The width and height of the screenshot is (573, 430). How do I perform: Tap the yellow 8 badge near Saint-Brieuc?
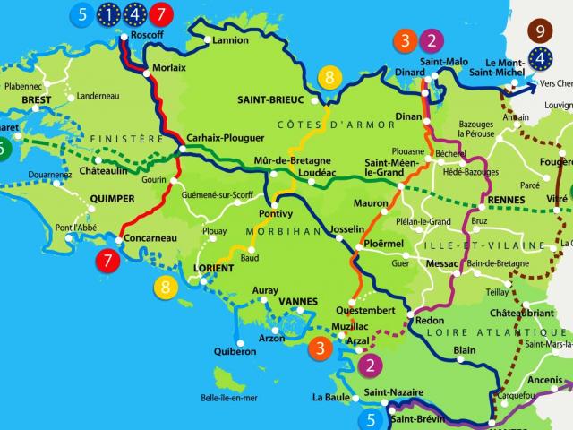tap(329, 78)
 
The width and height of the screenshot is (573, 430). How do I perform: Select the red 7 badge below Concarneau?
tap(108, 262)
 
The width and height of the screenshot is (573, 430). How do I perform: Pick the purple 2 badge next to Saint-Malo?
tap(432, 39)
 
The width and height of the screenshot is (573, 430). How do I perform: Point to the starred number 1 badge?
tap(109, 13)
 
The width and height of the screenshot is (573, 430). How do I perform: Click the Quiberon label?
tap(235, 352)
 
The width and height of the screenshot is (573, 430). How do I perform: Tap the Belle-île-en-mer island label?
tap(229, 398)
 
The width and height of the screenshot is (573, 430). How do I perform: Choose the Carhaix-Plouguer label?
tap(226, 138)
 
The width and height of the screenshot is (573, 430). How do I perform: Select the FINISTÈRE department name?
tap(129, 140)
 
